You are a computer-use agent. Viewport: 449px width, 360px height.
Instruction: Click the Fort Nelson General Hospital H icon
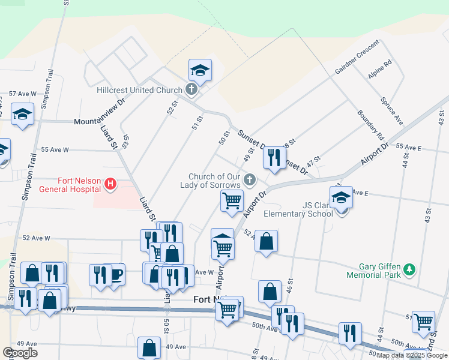pos(110,184)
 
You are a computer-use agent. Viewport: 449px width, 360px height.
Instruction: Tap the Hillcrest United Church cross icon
pos(191,91)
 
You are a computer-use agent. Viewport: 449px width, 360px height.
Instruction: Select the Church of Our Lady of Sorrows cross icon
pos(250,179)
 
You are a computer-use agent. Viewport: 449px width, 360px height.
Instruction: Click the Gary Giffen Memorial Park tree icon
pos(409,269)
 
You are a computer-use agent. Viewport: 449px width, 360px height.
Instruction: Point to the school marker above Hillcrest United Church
pos(200,71)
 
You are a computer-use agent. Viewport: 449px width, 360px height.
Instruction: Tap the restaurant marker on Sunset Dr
pos(274,158)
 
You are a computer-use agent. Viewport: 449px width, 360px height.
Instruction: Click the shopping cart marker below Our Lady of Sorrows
pos(232,200)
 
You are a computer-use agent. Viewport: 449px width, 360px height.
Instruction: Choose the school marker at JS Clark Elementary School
pos(341,198)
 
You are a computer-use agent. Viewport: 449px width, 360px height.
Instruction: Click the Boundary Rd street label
pos(370,123)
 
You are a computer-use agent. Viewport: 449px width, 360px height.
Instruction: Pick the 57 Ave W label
pos(22,94)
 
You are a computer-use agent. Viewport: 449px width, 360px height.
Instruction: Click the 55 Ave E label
pos(409,147)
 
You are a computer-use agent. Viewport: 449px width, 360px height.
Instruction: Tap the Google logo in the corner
pos(20,353)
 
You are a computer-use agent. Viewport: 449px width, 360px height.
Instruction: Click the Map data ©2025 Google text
pos(412,355)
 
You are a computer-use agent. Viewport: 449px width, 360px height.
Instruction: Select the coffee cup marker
pos(115,274)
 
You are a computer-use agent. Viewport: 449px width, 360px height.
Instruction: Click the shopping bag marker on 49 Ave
pos(149,348)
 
